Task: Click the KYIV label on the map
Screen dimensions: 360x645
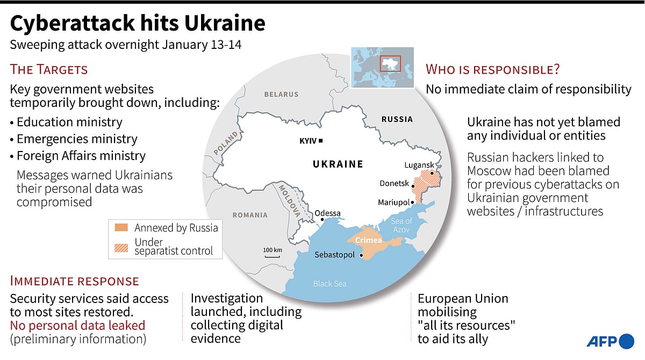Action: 308,141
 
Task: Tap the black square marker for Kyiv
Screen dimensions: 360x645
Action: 321,141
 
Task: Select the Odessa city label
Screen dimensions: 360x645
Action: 327,213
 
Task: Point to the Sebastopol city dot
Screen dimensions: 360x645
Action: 359,255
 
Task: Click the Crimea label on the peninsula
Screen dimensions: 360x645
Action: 368,240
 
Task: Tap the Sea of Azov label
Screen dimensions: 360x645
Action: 401,225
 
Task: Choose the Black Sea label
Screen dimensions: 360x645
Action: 329,284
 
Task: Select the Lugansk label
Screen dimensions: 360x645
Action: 419,165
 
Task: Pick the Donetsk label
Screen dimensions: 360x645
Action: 395,183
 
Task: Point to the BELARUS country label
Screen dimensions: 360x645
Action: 281,95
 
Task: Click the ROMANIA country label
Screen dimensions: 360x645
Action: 250,215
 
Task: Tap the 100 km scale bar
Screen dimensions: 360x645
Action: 273,255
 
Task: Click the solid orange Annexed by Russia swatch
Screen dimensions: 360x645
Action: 121,228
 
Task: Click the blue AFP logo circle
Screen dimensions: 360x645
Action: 627,341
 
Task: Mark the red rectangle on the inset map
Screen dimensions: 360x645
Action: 390,64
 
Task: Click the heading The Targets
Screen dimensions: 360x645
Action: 49,69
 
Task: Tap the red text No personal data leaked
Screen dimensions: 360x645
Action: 77,325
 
